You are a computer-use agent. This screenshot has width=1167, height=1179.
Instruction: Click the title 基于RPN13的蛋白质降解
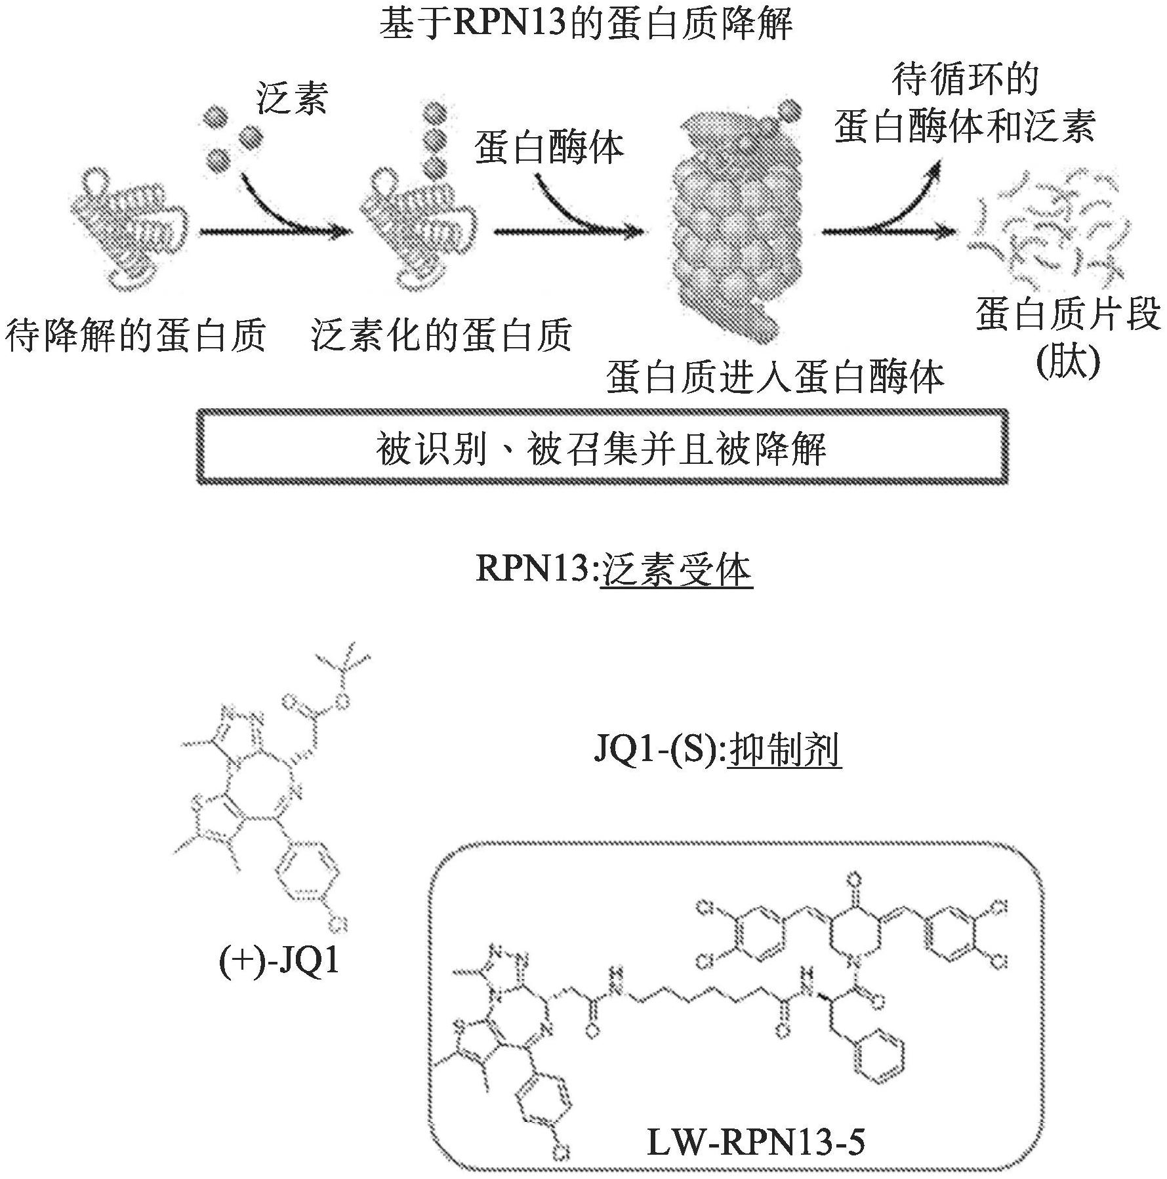[x=586, y=24]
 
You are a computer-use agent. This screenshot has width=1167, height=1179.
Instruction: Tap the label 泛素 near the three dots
[x=291, y=99]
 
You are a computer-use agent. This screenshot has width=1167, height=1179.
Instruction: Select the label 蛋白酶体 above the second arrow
[x=549, y=147]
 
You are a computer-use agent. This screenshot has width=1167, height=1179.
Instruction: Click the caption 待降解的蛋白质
[x=136, y=336]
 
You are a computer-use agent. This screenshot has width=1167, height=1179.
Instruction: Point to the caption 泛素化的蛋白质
[x=441, y=336]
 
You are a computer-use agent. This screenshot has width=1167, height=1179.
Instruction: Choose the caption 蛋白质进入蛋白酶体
[x=775, y=378]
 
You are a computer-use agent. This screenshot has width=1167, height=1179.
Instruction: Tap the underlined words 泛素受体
[x=676, y=569]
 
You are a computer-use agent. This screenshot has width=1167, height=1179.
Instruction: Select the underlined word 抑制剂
[x=785, y=750]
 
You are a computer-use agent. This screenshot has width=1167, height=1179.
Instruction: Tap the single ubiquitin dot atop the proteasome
[x=790, y=109]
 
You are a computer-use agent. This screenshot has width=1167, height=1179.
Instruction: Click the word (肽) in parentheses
[x=1067, y=362]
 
